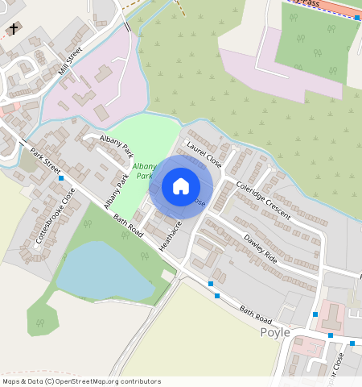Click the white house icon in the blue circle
click(x=181, y=186)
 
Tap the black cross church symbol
click(x=13, y=29)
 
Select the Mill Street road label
click(x=71, y=61)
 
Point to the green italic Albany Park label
click(x=144, y=170)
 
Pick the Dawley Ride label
click(x=260, y=249)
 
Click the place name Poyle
click(x=274, y=332)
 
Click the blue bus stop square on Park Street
click(x=61, y=177)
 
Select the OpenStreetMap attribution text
click(x=81, y=381)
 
